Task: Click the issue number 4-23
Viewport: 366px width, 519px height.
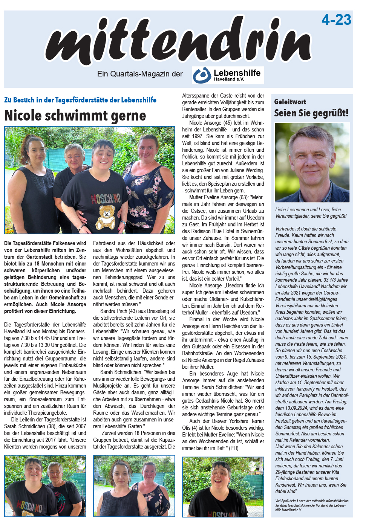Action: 336,20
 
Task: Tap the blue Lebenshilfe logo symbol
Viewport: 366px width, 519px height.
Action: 202,75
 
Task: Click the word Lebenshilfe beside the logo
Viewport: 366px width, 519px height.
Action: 237,73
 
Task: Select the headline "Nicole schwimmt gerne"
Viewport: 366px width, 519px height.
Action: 75,116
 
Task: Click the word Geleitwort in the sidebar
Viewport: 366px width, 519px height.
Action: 290,102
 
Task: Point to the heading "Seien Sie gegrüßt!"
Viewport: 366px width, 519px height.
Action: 311,113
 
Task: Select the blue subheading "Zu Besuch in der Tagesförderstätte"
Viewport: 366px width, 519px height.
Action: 80,100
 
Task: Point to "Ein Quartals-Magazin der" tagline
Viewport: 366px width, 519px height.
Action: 140,74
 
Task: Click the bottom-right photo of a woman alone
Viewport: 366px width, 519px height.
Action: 223,487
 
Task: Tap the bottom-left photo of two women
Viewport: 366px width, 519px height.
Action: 45,486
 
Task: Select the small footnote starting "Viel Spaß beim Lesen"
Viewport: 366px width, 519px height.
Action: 312,505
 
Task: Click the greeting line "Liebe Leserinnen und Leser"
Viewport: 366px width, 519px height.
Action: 308,209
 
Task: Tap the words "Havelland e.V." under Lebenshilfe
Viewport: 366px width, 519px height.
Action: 229,79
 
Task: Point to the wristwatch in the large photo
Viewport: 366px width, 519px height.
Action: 124,223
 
